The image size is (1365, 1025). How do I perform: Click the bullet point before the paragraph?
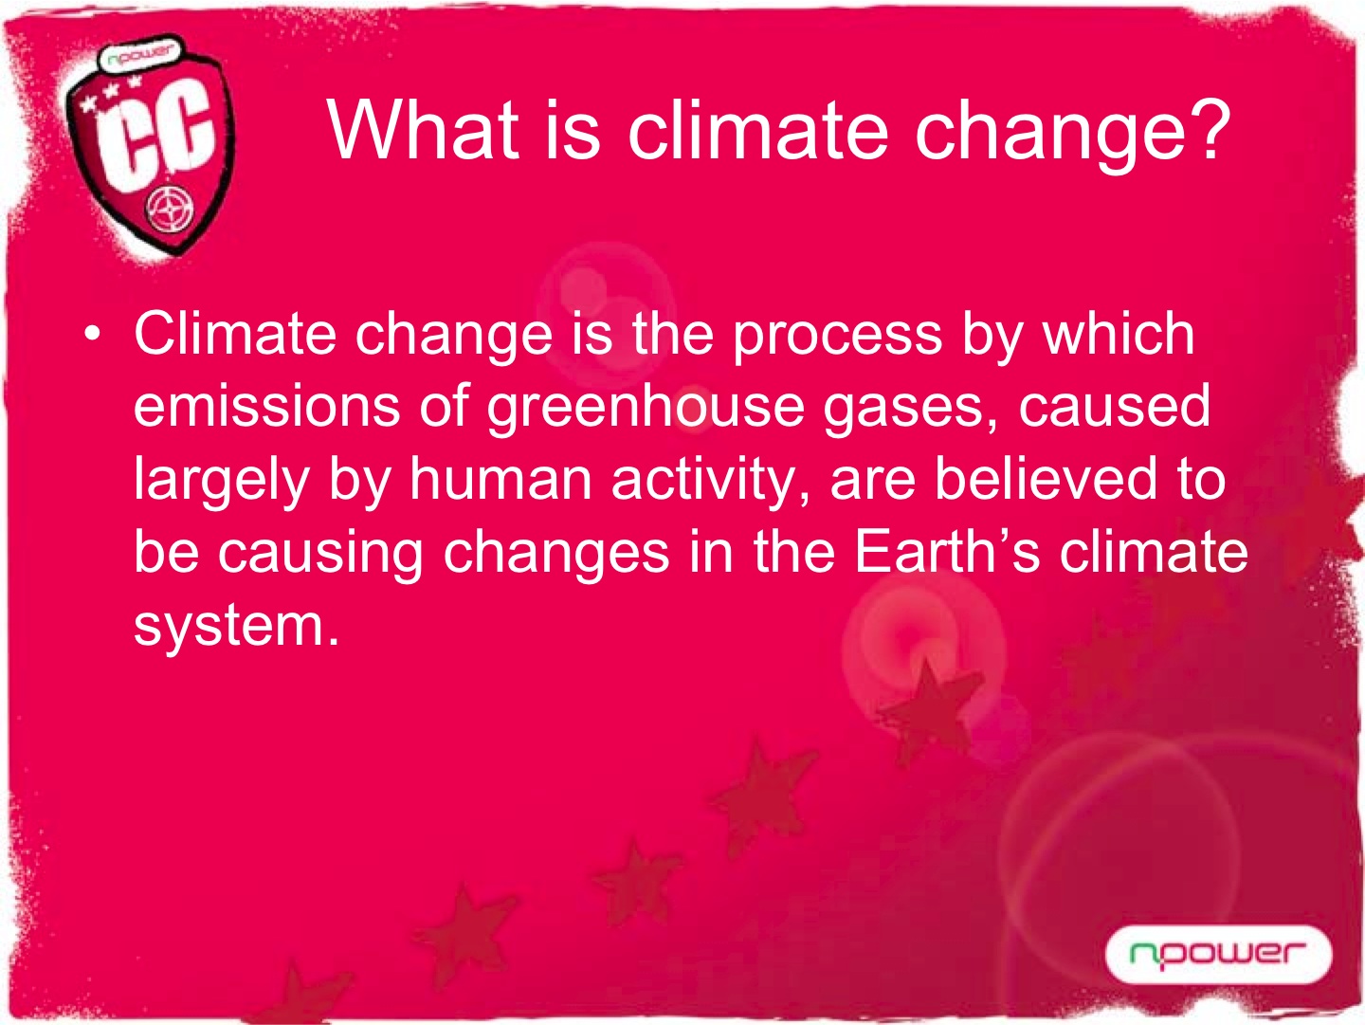point(91,334)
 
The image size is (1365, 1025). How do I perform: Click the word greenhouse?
point(645,412)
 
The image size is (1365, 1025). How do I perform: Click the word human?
point(500,478)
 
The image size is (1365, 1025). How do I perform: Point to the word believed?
point(1046,478)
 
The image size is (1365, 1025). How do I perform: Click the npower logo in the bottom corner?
point(1218,954)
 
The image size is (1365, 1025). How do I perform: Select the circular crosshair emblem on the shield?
point(169,212)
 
